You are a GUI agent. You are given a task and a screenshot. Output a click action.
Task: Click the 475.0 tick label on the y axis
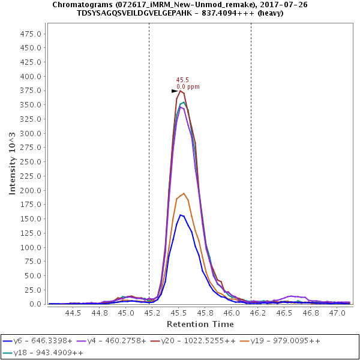pos(31,34)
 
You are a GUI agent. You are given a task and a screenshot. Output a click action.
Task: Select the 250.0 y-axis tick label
pos(31,162)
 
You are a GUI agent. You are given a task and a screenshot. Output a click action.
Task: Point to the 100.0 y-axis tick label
pos(31,247)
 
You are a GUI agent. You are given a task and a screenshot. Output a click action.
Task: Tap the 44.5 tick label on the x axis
pos(73,313)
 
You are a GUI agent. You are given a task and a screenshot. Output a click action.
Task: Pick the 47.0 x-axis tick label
pos(337,313)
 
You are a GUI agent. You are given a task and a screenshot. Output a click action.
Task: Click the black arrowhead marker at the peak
pos(175,91)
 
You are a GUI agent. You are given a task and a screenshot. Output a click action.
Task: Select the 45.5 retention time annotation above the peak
pos(182,80)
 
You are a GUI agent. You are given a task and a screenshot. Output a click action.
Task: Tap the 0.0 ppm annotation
pos(188,87)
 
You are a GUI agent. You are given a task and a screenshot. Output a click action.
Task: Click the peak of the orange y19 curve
pos(184,193)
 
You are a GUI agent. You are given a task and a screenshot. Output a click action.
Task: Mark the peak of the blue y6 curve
pos(180,215)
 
